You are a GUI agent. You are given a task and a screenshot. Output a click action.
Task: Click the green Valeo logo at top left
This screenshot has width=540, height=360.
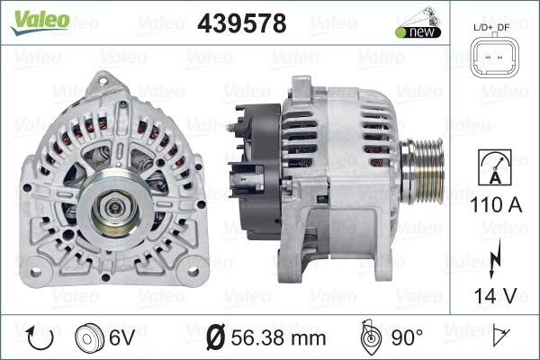tap(40, 22)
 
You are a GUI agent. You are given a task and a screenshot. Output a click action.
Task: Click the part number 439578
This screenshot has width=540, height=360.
tap(242, 23)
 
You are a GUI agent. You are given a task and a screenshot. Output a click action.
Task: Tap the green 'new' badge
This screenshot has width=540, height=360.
tap(418, 32)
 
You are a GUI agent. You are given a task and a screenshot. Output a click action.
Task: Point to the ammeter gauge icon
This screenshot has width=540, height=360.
tap(495, 167)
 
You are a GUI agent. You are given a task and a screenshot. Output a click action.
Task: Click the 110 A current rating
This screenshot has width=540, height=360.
tap(496, 204)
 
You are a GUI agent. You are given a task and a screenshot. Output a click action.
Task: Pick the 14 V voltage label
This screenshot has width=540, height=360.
tap(496, 295)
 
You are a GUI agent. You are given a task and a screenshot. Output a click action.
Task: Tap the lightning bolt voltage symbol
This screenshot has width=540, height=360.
tap(495, 258)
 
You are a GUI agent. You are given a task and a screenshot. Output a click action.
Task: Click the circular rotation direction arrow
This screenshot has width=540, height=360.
tap(40, 338)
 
